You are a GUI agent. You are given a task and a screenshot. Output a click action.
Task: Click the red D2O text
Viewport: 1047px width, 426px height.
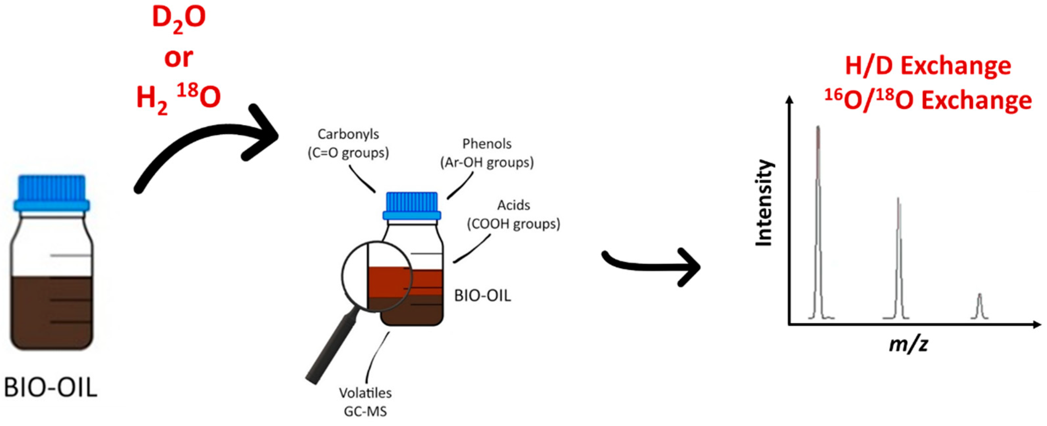[x=179, y=18]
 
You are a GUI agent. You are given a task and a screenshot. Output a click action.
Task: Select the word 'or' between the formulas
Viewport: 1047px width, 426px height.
[x=178, y=58]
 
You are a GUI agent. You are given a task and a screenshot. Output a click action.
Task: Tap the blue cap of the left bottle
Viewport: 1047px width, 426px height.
[x=51, y=193]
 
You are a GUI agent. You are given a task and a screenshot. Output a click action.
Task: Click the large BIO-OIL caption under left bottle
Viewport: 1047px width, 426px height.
[x=51, y=388]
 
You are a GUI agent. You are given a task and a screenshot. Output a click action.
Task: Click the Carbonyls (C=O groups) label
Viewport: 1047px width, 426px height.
[x=348, y=143]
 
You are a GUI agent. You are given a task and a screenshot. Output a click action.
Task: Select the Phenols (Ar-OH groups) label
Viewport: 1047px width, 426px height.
[x=487, y=153]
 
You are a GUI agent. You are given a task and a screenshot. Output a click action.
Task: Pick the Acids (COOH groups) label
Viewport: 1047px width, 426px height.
[x=513, y=214]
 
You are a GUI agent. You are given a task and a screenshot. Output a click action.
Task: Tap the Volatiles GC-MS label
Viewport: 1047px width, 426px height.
[x=365, y=402]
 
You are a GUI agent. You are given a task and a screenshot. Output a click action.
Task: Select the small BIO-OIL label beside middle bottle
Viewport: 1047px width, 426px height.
[x=483, y=296]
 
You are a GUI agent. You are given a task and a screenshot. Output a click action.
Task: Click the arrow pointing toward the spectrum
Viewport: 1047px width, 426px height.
[x=650, y=266]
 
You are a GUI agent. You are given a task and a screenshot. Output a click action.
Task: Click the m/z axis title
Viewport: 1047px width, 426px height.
[x=908, y=344]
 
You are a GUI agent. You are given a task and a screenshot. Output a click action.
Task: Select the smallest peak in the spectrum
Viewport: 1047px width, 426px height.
[x=979, y=307]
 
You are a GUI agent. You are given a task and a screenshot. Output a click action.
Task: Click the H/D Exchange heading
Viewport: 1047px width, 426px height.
[x=928, y=66]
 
